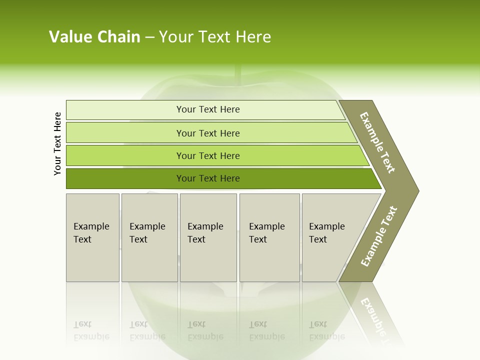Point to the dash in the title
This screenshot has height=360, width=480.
click(149, 37)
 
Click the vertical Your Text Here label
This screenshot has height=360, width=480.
click(58, 143)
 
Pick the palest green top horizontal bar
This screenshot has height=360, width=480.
click(205, 109)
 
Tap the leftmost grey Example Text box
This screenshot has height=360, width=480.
click(92, 237)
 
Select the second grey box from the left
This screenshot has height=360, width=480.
click(149, 237)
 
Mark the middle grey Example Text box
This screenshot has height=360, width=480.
click(208, 237)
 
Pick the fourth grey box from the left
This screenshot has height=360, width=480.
click(269, 237)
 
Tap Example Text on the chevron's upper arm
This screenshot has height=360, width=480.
click(377, 142)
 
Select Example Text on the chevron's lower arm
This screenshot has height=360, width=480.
click(379, 236)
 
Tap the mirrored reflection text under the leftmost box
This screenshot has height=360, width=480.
click(91, 330)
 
